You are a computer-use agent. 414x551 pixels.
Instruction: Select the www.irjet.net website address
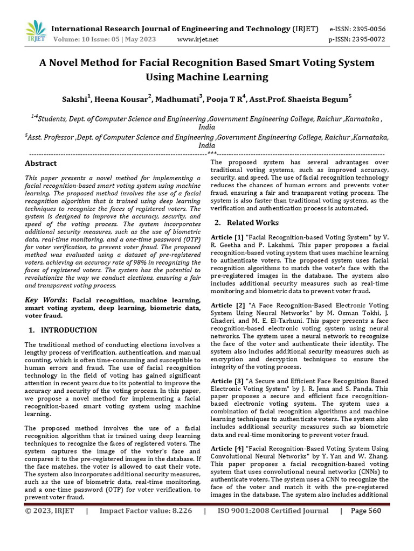pyautogui.click(x=197, y=39)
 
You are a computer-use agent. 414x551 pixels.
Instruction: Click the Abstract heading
pyautogui.click(x=41, y=163)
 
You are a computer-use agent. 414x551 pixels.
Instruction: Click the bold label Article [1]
pyautogui.click(x=227, y=237)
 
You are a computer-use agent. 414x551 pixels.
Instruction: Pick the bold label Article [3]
pyautogui.click(x=227, y=381)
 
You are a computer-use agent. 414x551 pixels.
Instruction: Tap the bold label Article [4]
pyautogui.click(x=227, y=449)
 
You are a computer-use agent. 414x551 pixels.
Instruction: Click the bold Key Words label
pyautogui.click(x=46, y=300)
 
